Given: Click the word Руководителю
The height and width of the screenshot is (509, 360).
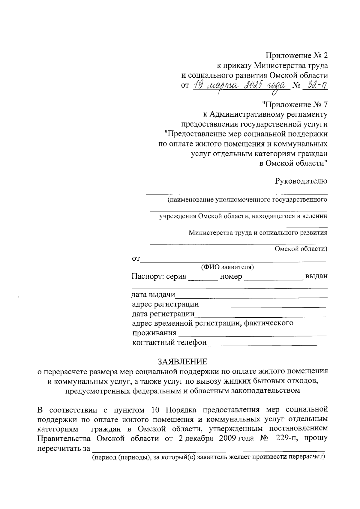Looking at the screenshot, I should (x=301, y=181).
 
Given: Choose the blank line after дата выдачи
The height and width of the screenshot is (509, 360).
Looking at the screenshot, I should (x=251, y=296).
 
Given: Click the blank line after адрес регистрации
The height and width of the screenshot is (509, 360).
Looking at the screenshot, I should (x=262, y=306).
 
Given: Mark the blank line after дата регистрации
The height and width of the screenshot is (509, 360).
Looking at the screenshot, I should (x=260, y=316).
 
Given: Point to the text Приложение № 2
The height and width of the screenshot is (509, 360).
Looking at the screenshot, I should (x=297, y=55).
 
